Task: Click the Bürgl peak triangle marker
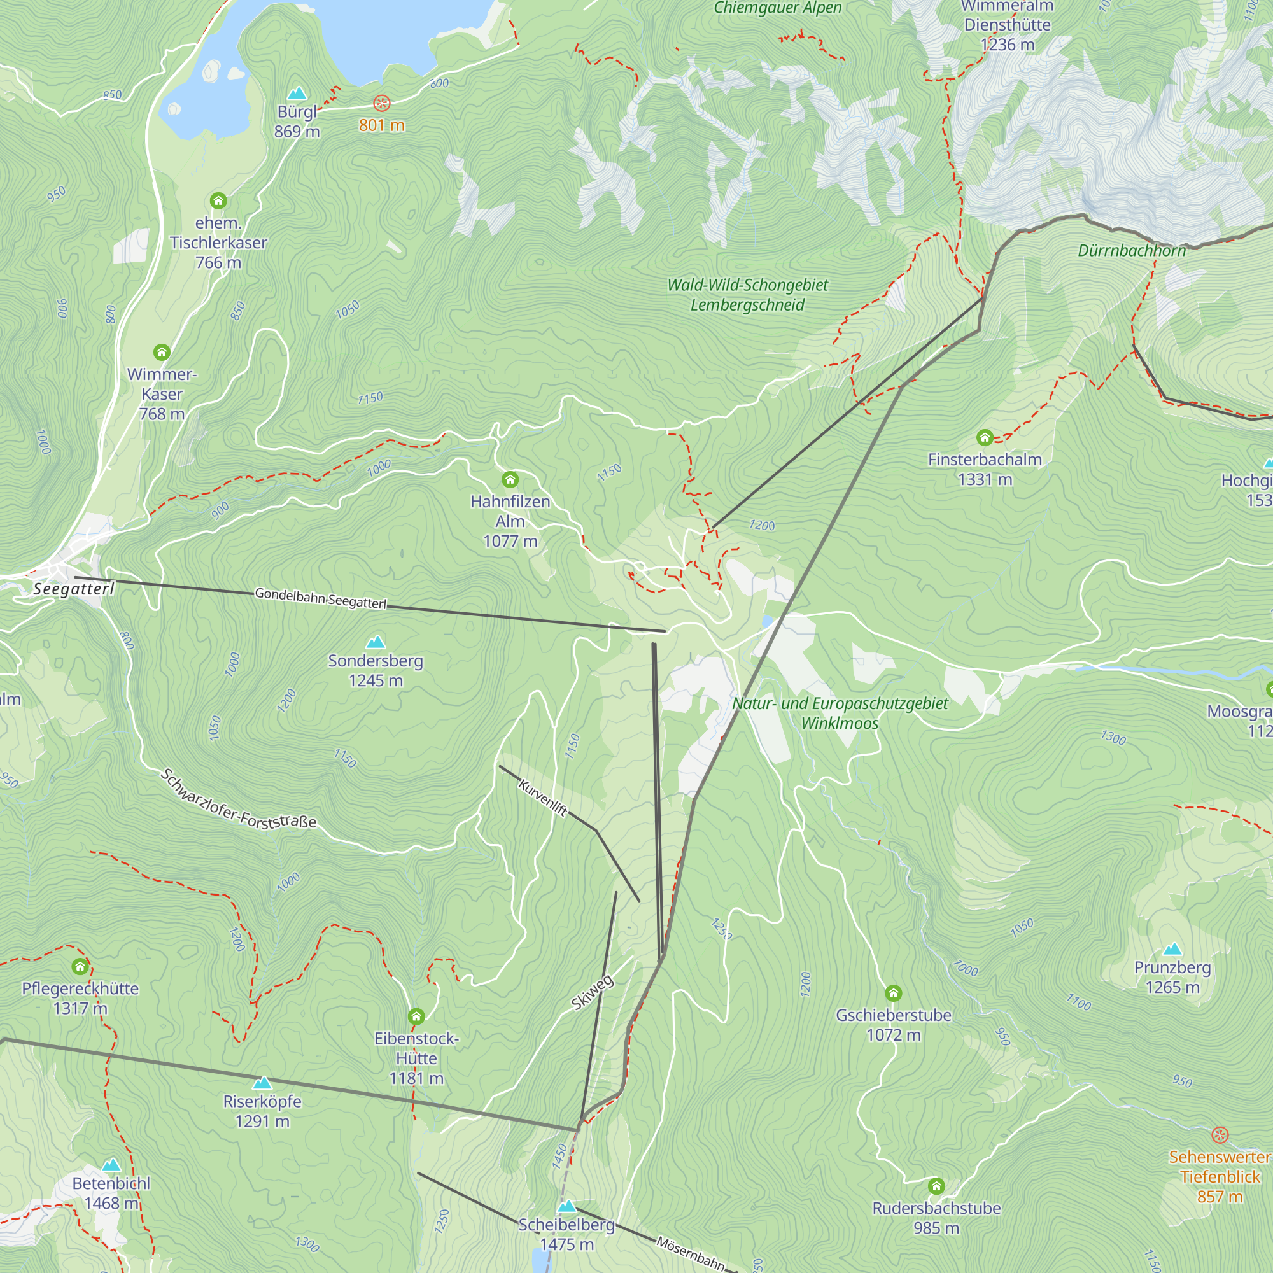tap(297, 93)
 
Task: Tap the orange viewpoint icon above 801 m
tap(381, 102)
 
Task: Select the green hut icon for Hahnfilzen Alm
tap(510, 479)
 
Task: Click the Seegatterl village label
tap(74, 588)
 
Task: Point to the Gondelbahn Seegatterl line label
tap(320, 598)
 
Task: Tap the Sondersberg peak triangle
tap(376, 642)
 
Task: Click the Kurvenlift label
tap(543, 798)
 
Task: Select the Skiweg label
tap(593, 992)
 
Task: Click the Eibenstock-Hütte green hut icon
tap(416, 1015)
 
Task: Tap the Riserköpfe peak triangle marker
tap(262, 1083)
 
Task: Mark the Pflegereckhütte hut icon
tap(80, 967)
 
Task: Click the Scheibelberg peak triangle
tap(566, 1206)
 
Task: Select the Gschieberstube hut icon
tap(893, 992)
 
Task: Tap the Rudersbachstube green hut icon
tap(936, 1186)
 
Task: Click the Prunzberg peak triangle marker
tap(1172, 950)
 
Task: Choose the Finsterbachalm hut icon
tap(985, 437)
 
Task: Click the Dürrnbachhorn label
tap(1131, 250)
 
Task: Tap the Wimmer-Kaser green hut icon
tap(162, 352)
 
